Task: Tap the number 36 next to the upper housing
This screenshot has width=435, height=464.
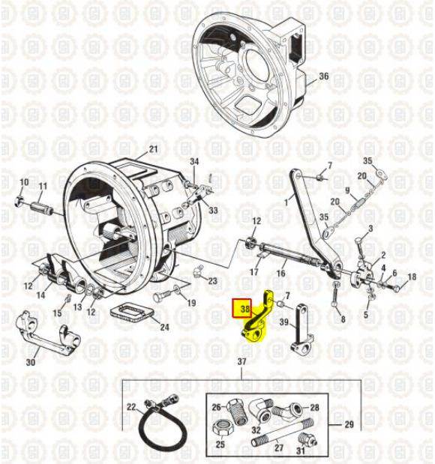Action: [x=324, y=76]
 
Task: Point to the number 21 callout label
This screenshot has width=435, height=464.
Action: [x=153, y=149]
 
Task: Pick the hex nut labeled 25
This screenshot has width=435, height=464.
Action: [x=223, y=428]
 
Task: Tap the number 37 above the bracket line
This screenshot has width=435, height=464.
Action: [x=242, y=361]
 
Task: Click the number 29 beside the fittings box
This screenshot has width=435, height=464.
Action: [x=349, y=424]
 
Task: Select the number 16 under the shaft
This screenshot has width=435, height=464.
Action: [x=280, y=273]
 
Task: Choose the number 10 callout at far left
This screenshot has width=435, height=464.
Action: [x=24, y=182]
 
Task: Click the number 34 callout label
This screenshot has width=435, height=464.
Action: [x=194, y=162]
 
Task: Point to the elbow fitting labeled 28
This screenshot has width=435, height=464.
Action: [x=287, y=410]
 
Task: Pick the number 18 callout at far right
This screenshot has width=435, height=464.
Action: [x=412, y=277]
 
